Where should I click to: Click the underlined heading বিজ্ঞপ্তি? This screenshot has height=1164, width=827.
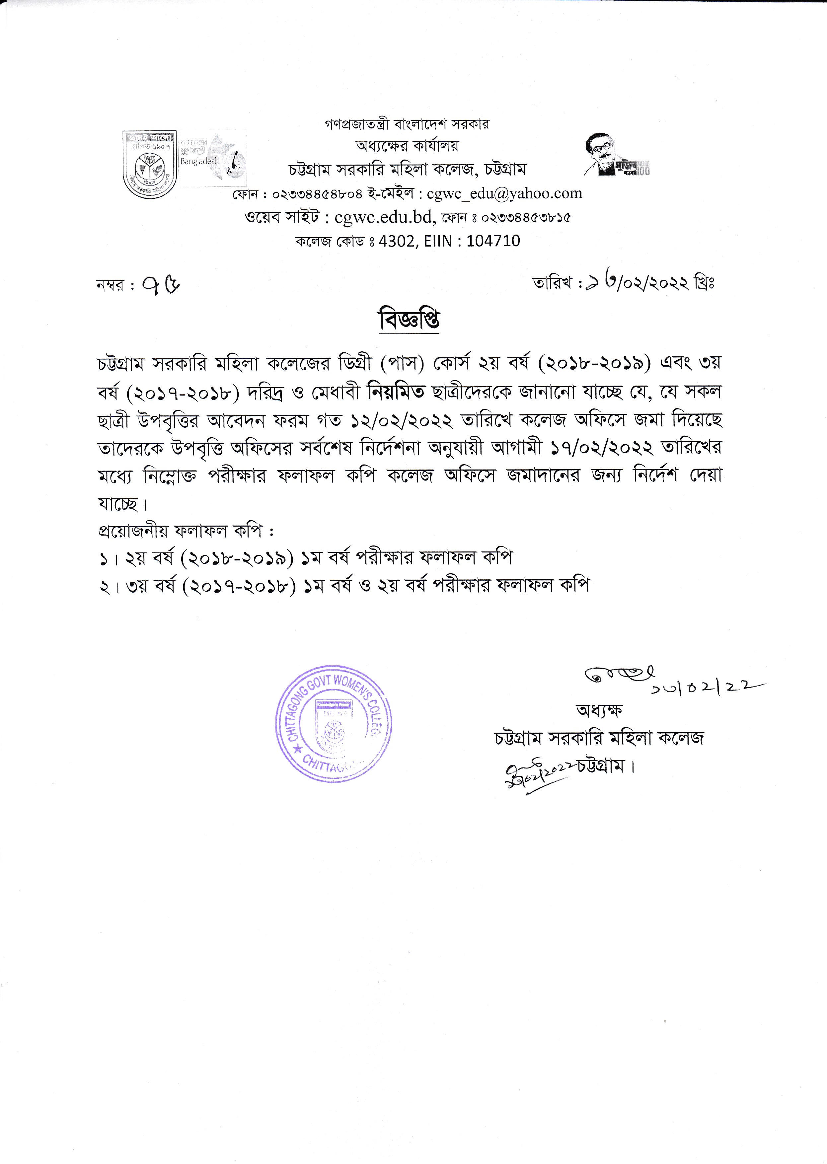409,320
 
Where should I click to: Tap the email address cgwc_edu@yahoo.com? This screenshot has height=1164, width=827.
504,193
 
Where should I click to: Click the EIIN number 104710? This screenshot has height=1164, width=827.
493,241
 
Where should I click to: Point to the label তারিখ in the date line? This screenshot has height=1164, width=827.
552,283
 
